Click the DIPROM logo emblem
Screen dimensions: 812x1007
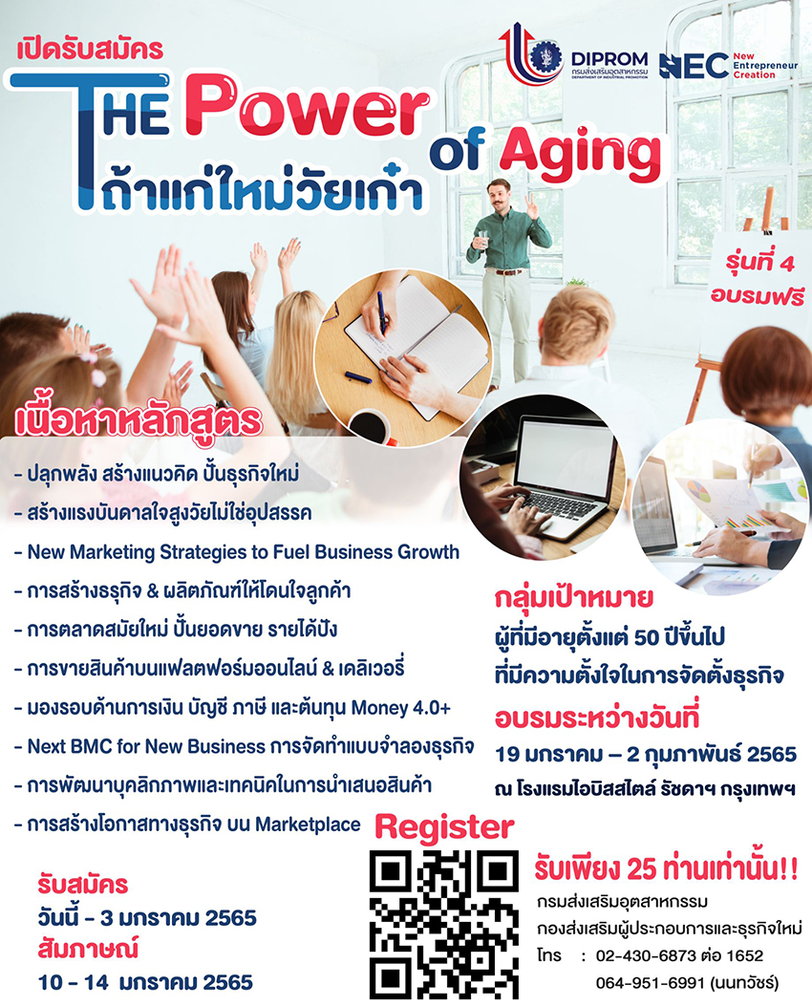[x=530, y=54]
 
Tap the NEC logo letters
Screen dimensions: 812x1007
[x=694, y=66]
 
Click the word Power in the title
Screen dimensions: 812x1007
[x=308, y=107]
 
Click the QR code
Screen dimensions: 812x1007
[x=443, y=924]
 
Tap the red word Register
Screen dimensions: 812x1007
[x=444, y=827]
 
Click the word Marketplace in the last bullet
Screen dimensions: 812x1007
[x=309, y=825]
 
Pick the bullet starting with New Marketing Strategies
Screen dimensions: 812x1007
[x=237, y=552]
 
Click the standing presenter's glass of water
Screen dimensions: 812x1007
[x=482, y=240]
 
